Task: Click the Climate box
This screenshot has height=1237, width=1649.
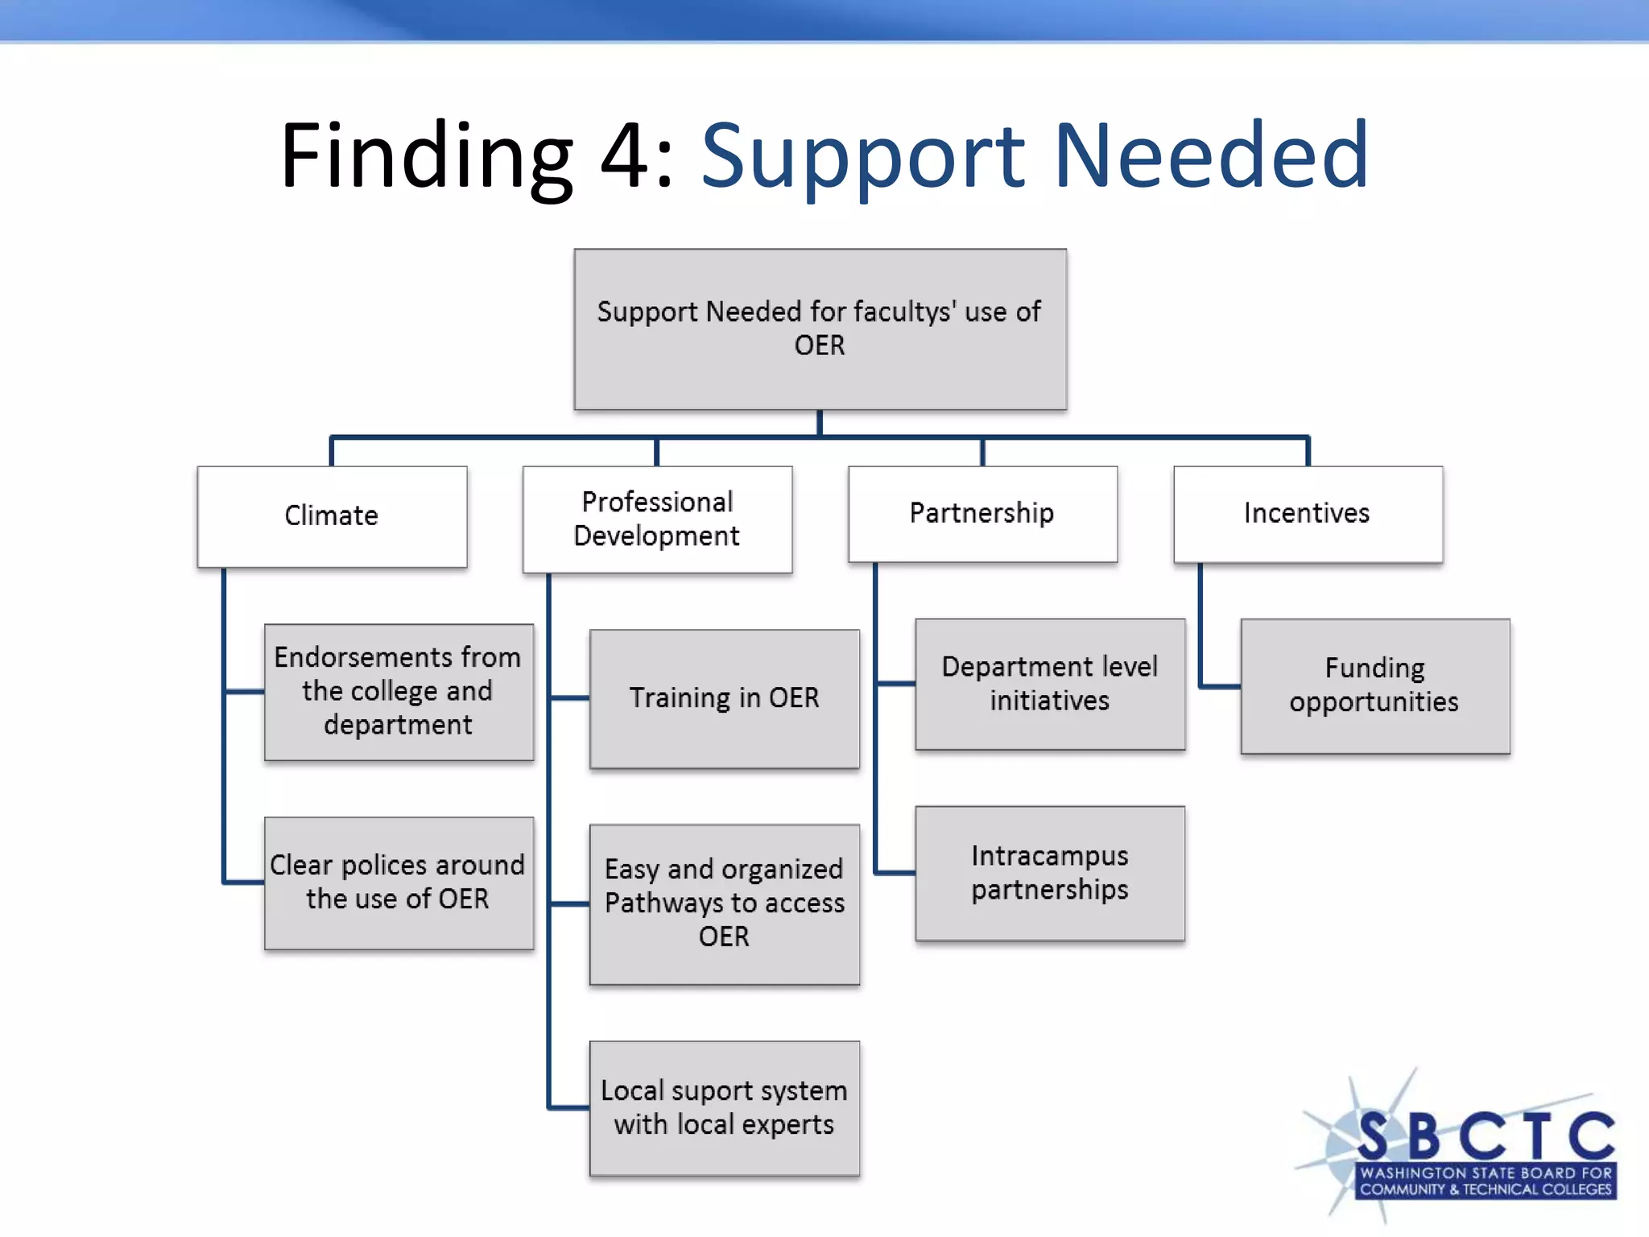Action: pos(332,516)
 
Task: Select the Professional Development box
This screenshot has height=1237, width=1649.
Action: pos(657,519)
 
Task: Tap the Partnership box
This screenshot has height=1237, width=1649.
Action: pos(982,514)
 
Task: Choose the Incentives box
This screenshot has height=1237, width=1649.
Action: pos(1308,514)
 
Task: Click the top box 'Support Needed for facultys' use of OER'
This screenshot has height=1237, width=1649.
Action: pos(820,329)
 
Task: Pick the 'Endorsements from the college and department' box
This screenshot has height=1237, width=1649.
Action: pos(399,692)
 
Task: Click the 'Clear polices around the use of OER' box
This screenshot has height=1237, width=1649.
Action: pos(399,883)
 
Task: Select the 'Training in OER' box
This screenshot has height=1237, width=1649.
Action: pos(724,698)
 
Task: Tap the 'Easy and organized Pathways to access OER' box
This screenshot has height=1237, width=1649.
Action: pos(724,904)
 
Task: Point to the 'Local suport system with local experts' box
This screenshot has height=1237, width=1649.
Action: pos(724,1108)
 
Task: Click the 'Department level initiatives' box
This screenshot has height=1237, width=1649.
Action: pos(1050,685)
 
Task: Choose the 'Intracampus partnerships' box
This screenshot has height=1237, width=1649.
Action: pos(1050,873)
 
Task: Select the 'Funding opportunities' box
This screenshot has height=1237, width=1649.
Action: pos(1374,686)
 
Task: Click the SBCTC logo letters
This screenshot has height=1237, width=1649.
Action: pos(1486,1136)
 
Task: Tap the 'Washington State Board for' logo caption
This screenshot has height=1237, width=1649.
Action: pos(1486,1173)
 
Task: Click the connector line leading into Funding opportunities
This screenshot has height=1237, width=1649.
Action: pos(1219,687)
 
